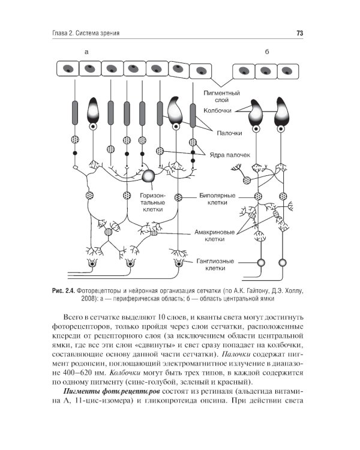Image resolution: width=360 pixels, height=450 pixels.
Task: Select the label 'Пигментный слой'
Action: pyautogui.click(x=222, y=98)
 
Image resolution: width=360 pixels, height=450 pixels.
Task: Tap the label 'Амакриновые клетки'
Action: pyautogui.click(x=214, y=235)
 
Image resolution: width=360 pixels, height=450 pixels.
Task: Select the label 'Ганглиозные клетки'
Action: pyautogui.click(x=216, y=265)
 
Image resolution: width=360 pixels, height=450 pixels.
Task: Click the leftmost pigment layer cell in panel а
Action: pyautogui.click(x=68, y=69)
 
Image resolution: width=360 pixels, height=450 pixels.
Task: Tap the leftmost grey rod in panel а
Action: pyautogui.click(x=75, y=112)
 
